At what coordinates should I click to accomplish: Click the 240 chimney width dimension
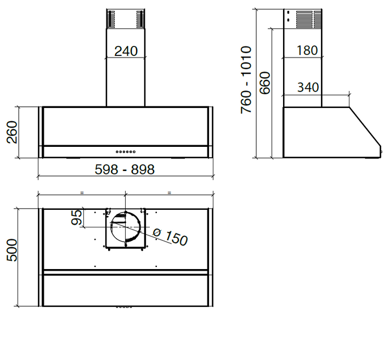pos(126,51)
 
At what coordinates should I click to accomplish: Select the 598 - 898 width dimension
pos(126,170)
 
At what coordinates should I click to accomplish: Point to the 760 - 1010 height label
pos(246,80)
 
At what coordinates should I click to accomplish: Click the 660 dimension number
pos(265,83)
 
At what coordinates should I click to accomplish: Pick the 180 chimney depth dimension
pos(307,50)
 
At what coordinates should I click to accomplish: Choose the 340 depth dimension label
pos(308,87)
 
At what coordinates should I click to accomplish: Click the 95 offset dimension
pos(77,217)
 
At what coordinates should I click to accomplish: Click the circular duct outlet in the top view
pos(126,228)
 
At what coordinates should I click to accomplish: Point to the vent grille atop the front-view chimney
pos(126,19)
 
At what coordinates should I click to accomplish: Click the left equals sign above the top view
pos(82,192)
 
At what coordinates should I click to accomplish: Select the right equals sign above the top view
pos(170,192)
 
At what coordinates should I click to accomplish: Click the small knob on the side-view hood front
pos(380,152)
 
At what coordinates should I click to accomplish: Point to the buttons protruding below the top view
pos(124,307)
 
